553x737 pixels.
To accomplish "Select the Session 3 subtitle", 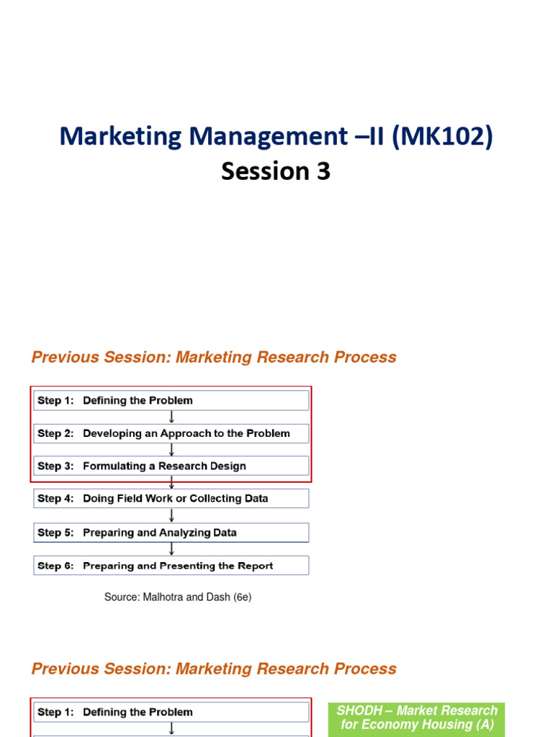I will (x=276, y=171).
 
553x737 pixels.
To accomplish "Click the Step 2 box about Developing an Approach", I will (x=171, y=433).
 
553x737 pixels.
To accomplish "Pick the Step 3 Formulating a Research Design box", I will (x=171, y=466).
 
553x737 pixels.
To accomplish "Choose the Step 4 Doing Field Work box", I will (x=171, y=498).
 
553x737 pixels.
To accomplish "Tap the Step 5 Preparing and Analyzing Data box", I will (x=171, y=533).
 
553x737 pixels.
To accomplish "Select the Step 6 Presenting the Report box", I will (x=171, y=566).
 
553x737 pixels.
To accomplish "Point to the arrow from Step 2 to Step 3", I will (x=171, y=449).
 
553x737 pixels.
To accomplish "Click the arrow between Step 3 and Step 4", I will (x=171, y=482).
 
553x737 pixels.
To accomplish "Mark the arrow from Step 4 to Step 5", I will (x=171, y=515).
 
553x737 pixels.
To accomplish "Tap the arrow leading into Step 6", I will (x=171, y=549).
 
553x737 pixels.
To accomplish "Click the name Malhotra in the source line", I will (x=165, y=597).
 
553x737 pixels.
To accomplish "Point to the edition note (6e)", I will (x=242, y=597).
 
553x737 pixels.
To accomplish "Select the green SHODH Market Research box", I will (x=417, y=718).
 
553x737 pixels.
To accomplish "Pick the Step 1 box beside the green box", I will (x=171, y=712).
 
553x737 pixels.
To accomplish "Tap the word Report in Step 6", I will (x=256, y=566).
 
